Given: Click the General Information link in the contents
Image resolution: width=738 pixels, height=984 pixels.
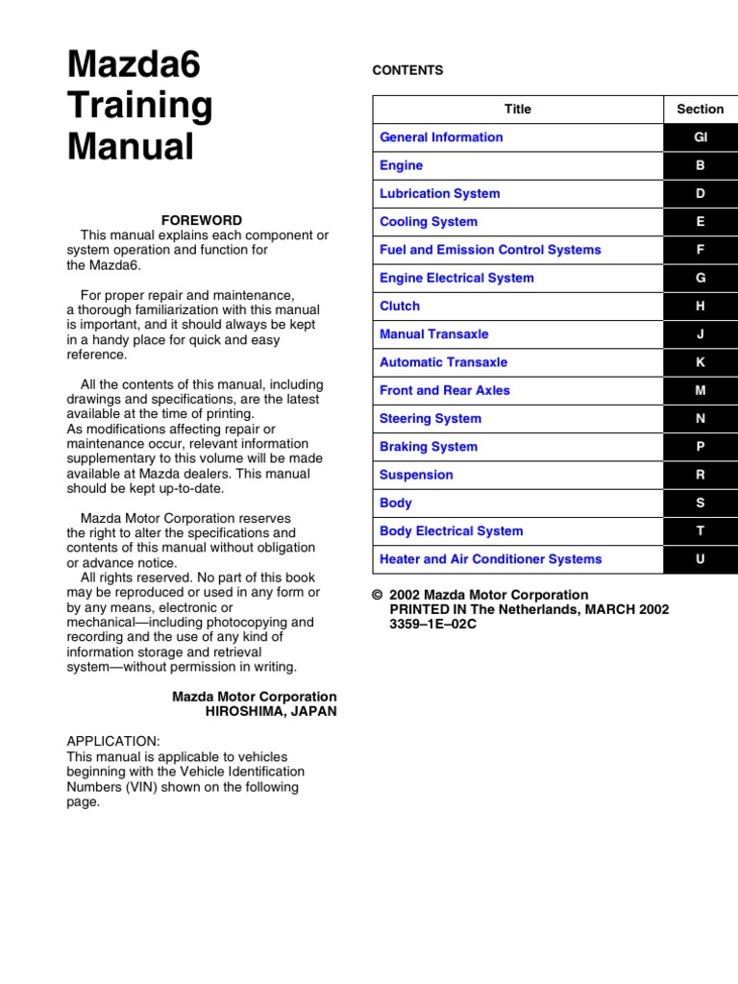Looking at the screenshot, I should click(441, 137).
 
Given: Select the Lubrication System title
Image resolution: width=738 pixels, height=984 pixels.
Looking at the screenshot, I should click(439, 193).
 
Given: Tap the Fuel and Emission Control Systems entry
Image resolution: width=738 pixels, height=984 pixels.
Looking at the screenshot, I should click(490, 250).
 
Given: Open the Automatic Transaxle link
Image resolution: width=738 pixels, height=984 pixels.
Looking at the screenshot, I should click(443, 362).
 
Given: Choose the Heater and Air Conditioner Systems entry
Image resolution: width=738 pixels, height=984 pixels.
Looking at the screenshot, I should click(490, 559).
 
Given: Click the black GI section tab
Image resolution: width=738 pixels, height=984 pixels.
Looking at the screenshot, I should click(701, 137).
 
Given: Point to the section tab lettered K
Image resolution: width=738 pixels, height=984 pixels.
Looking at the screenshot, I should click(701, 362).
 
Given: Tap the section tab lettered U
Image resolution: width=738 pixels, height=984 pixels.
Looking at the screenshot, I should click(701, 559).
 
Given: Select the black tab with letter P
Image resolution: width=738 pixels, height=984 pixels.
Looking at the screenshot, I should click(701, 447).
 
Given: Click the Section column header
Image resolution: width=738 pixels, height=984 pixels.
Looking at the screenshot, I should click(701, 110).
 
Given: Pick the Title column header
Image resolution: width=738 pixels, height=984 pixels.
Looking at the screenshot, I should click(518, 110).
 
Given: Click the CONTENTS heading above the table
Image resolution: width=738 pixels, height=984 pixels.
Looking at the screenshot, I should click(407, 70).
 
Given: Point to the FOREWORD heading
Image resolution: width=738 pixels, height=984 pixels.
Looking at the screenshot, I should click(202, 220).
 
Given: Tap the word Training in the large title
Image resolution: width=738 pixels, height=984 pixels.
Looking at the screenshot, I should click(140, 106).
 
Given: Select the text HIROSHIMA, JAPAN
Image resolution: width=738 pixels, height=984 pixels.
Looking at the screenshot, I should click(271, 712).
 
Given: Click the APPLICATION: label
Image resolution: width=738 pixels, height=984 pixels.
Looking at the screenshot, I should click(113, 742).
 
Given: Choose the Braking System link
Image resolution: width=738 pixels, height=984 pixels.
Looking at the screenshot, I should click(429, 447).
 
